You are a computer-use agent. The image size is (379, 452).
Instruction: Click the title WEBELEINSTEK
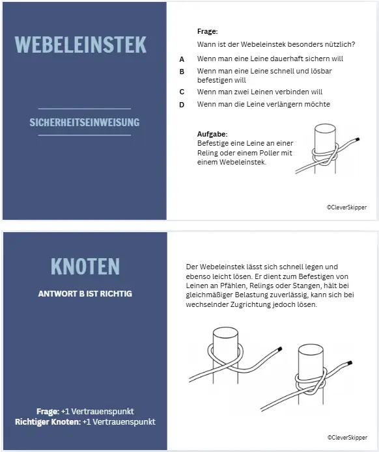coord(80,44)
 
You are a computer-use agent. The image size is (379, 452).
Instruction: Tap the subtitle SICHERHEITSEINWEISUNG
coord(84,122)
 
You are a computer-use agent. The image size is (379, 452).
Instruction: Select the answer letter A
coord(182,59)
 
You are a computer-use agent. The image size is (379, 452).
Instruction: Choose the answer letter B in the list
coord(182,71)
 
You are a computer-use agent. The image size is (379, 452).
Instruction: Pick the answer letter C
coord(182,92)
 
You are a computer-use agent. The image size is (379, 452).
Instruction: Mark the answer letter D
coord(182,104)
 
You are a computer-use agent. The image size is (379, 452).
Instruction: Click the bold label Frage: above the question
coord(207,31)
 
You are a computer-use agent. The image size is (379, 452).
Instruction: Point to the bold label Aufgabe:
coord(212,134)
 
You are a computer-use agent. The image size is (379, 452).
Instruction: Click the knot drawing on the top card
coord(326,151)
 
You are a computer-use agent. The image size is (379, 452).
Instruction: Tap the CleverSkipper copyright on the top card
coord(346,207)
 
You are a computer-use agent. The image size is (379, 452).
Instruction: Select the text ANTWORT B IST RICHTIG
coord(85,293)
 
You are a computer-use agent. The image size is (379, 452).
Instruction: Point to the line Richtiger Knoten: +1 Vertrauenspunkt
coord(85,421)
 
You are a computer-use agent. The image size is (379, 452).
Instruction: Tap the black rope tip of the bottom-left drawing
coord(279,350)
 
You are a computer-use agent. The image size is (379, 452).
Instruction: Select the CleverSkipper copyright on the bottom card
coord(346,438)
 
